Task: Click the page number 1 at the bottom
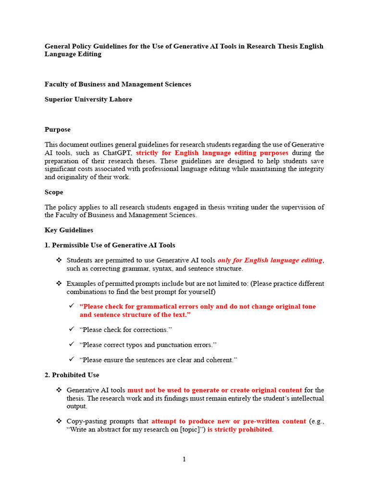pos(184,459)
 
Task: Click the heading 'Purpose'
pos(58,130)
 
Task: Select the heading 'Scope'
pos(54,192)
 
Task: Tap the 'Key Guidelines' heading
pos(69,230)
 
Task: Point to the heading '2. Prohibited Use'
pos(72,375)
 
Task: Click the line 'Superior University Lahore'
pos(88,99)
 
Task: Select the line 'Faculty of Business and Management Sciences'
pos(118,85)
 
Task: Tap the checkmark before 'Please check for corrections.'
pos(71,330)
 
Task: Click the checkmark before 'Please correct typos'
pos(71,344)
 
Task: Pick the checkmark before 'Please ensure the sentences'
pos(71,359)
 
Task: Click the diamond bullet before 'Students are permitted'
pos(59,260)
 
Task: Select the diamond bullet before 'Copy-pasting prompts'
pos(59,421)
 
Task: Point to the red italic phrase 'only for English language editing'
pos(270,260)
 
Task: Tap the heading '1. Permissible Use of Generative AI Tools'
pos(110,246)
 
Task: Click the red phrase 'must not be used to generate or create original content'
pos(214,390)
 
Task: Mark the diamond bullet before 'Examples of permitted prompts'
pos(59,283)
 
